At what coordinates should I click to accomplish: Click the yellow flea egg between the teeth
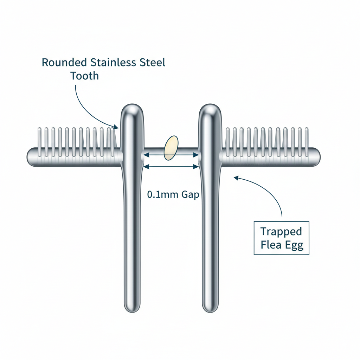171,148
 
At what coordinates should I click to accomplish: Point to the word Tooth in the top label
84,76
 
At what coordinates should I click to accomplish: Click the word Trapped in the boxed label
281,232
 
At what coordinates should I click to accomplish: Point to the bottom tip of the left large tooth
133,309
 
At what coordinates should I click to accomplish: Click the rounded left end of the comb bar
30,156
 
